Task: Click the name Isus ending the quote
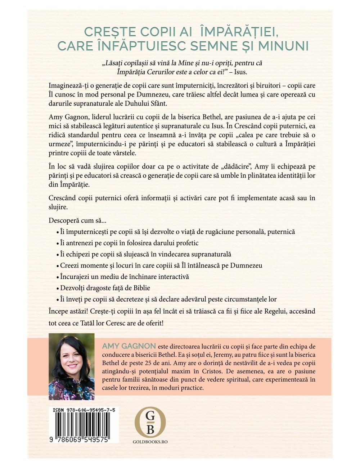[240, 72]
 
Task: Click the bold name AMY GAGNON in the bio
[129, 346]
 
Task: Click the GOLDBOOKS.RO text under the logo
[150, 442]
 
